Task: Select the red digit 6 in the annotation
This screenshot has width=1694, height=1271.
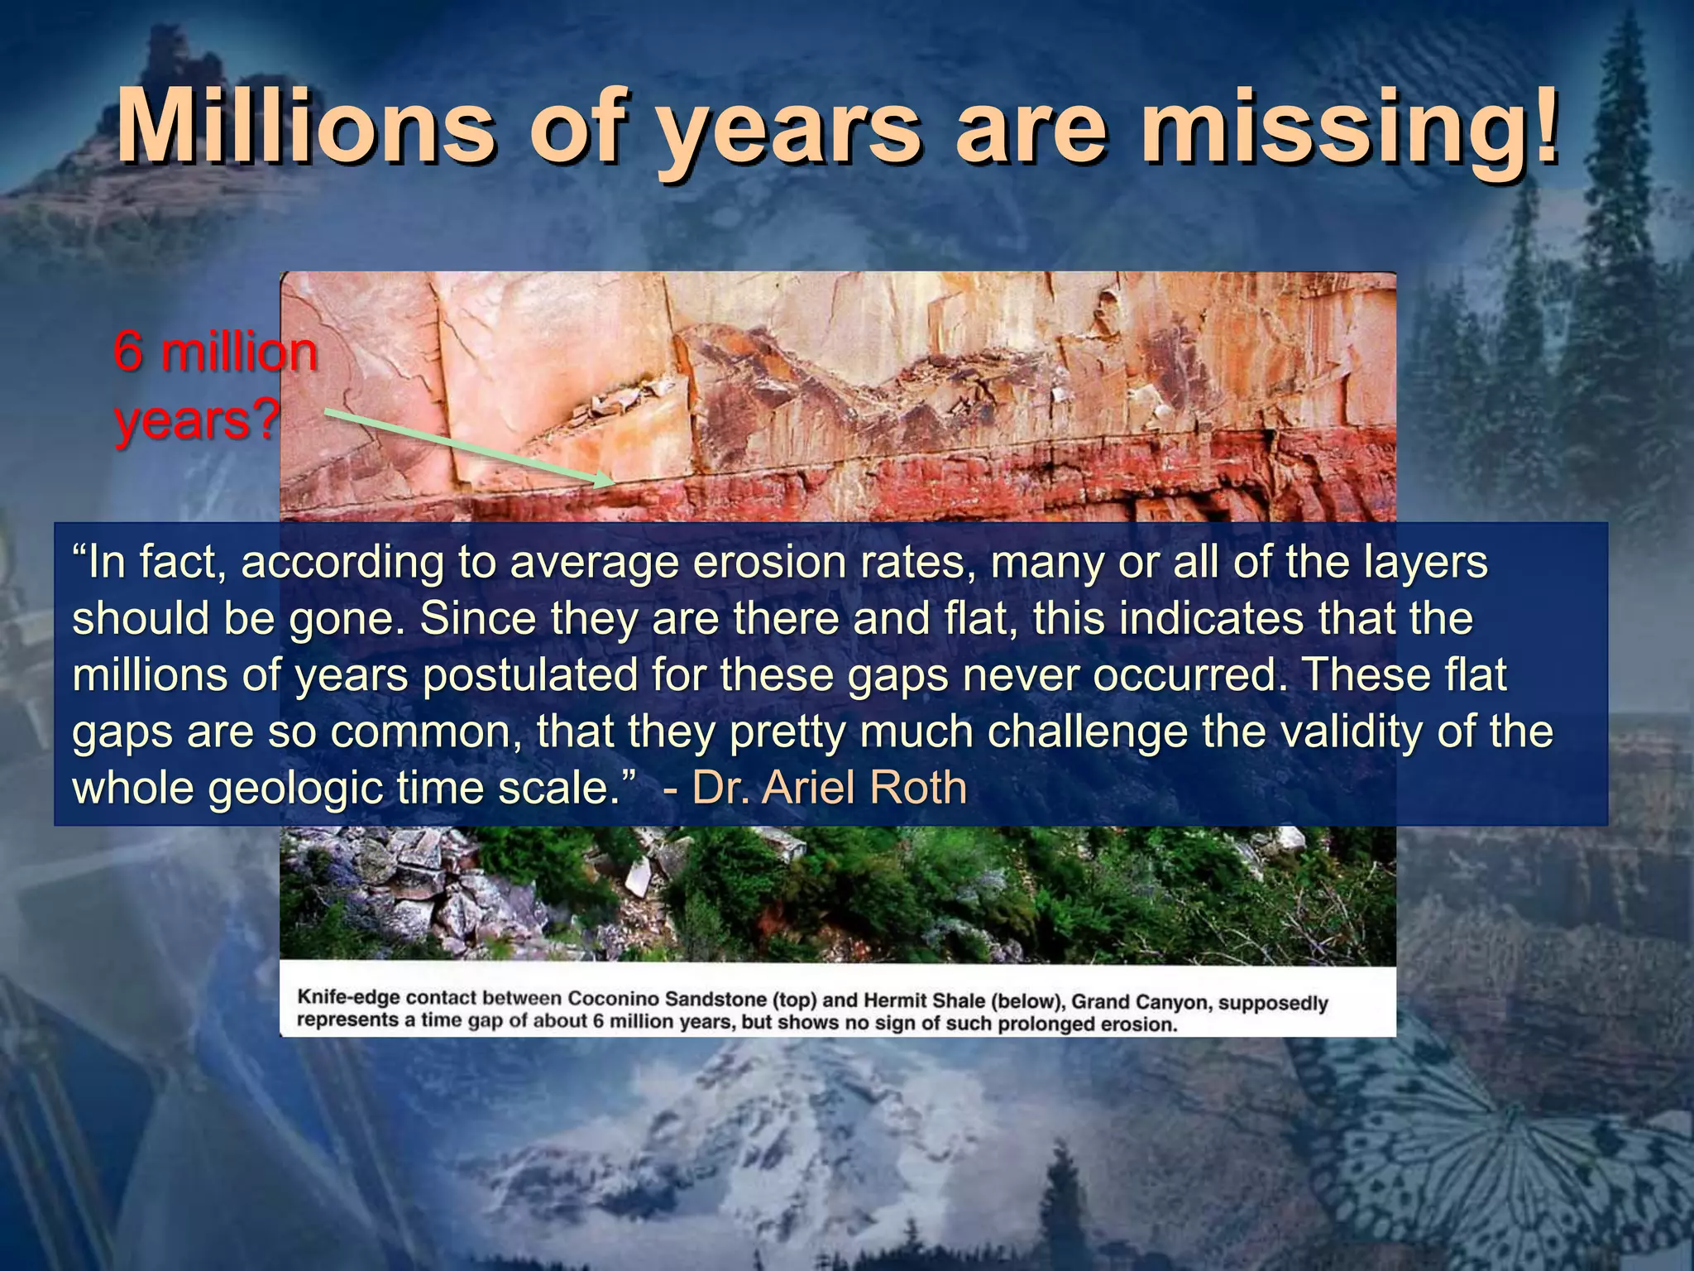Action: click(x=128, y=352)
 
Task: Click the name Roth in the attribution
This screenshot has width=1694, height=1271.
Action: click(x=917, y=787)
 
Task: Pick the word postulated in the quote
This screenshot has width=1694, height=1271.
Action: click(x=529, y=675)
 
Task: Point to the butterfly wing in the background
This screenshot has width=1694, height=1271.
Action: click(x=1472, y=1158)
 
